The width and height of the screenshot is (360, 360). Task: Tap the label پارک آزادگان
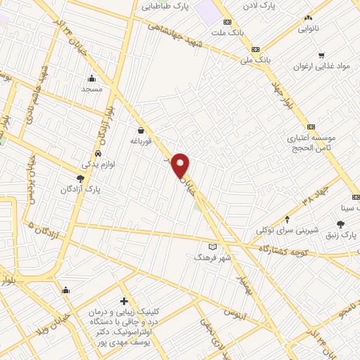(77, 189)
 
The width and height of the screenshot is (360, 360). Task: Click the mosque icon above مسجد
(92, 78)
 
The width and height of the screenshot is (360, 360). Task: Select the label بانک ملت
(231, 33)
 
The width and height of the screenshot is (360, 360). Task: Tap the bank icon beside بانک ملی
(255, 49)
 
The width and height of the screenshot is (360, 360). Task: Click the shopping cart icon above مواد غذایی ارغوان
(321, 55)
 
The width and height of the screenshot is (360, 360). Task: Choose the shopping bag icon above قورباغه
(141, 129)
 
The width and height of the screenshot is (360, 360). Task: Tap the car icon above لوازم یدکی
(97, 153)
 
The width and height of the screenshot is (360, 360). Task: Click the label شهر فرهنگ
(212, 257)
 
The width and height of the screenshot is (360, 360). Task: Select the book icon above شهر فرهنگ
(212, 247)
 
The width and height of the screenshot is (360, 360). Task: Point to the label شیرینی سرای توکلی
(287, 230)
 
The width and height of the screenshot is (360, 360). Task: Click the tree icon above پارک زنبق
(341, 224)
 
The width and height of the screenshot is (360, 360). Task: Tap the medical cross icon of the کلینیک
(124, 301)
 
